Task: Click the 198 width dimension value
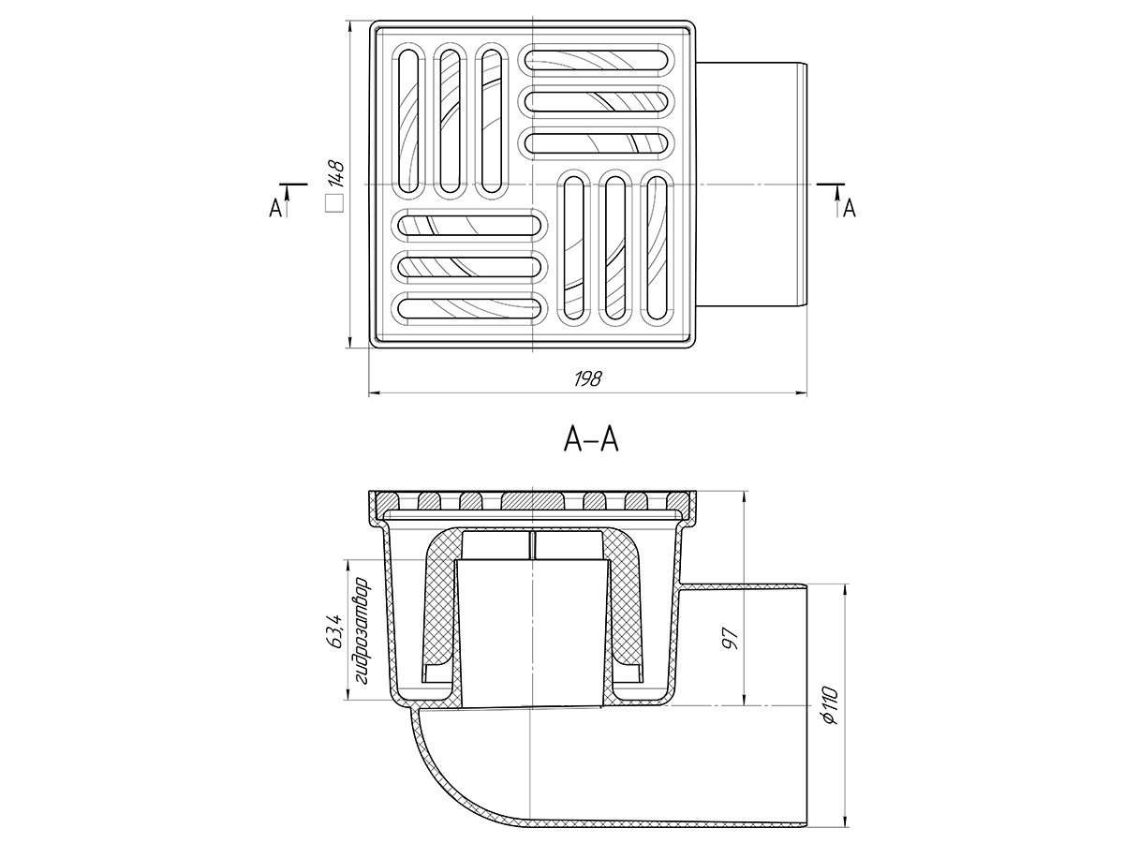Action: point(588,378)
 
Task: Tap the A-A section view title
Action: point(591,437)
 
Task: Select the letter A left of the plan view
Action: point(274,209)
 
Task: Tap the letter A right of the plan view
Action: point(850,208)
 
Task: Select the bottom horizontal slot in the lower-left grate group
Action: point(470,308)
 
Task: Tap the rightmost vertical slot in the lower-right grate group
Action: point(658,248)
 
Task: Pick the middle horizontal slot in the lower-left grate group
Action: point(470,266)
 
